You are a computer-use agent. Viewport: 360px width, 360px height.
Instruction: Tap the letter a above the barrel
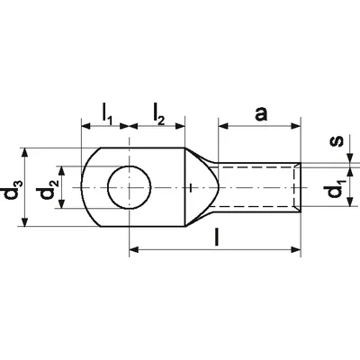click(261, 113)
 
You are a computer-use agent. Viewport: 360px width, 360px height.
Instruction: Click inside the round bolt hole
click(129, 188)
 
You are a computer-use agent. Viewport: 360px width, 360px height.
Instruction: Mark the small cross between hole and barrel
click(193, 188)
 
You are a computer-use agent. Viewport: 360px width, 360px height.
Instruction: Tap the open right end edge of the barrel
click(298, 188)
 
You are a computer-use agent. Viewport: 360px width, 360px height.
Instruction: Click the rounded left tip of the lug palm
click(81, 188)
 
